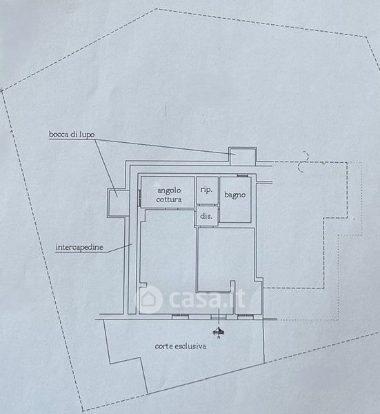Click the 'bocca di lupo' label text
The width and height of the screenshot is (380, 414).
(x=72, y=134)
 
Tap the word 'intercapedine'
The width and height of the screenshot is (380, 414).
(x=79, y=248)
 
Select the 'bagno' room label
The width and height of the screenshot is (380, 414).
(x=234, y=195)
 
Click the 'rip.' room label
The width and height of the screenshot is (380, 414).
(x=206, y=190)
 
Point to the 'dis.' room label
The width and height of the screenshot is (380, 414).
(x=206, y=216)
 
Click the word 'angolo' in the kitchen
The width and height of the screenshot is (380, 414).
(x=169, y=190)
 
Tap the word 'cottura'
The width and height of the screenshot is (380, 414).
(x=169, y=199)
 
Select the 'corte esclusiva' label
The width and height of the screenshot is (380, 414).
(x=180, y=346)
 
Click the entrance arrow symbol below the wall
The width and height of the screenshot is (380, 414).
(x=219, y=332)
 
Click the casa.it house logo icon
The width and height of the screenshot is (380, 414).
(x=149, y=299)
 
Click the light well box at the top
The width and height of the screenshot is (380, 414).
(x=243, y=157)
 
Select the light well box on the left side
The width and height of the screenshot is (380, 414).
(x=118, y=203)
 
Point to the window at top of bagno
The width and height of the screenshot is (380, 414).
(x=242, y=175)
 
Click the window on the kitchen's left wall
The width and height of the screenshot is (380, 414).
(x=139, y=197)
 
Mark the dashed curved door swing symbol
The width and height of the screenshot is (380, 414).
(x=303, y=161)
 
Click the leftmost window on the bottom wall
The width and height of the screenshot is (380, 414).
(x=180, y=316)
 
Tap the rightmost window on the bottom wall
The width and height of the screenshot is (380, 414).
(x=246, y=316)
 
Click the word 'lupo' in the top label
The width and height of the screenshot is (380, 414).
(x=88, y=135)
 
